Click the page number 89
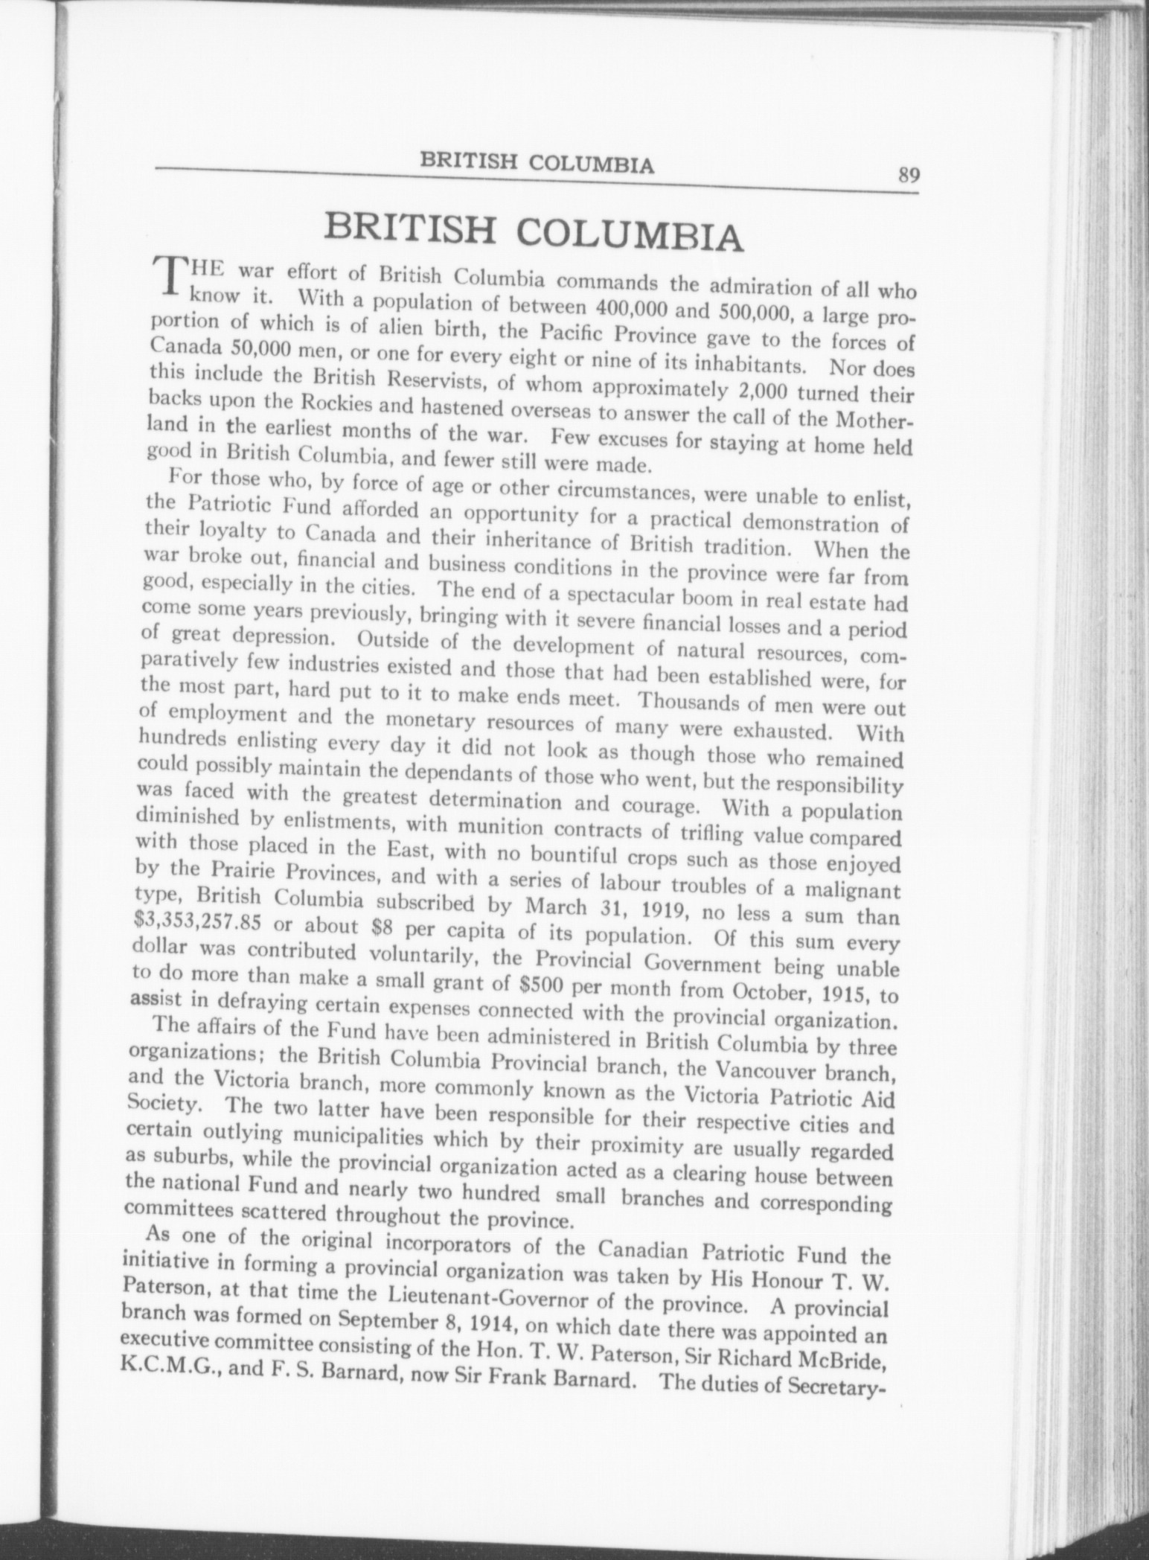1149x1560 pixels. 909,176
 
